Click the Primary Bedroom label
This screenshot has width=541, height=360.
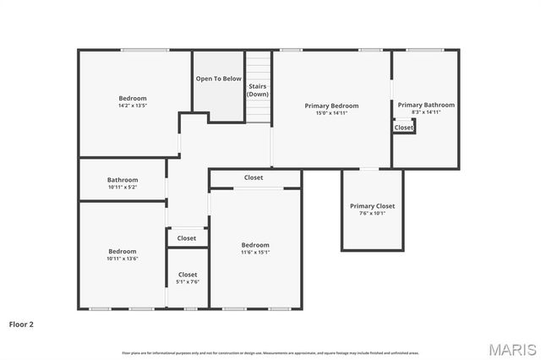(x=331, y=106)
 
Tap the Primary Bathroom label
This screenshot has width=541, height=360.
(x=426, y=105)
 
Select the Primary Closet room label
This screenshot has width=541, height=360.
(x=372, y=206)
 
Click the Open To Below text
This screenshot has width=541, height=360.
(x=219, y=79)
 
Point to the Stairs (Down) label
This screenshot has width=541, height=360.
(x=258, y=90)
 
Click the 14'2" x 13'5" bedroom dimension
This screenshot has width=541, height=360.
(x=133, y=106)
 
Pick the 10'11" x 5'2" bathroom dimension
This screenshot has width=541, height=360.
(x=123, y=187)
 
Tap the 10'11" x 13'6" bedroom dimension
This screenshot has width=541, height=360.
(x=123, y=259)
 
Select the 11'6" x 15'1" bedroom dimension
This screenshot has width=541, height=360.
(x=255, y=252)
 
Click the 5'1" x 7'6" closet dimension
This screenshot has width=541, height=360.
(x=188, y=281)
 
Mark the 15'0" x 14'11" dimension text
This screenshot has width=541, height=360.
(x=331, y=112)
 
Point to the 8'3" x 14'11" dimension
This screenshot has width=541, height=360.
(x=426, y=112)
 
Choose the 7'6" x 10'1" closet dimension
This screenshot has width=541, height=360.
(x=372, y=213)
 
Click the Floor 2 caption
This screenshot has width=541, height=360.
(x=21, y=324)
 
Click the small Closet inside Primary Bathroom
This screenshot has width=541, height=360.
(x=404, y=128)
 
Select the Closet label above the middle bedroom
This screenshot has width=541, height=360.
(x=254, y=177)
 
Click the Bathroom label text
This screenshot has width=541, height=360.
(x=123, y=179)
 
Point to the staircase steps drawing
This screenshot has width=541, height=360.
(x=258, y=68)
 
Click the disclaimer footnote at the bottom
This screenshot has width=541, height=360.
(x=270, y=352)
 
